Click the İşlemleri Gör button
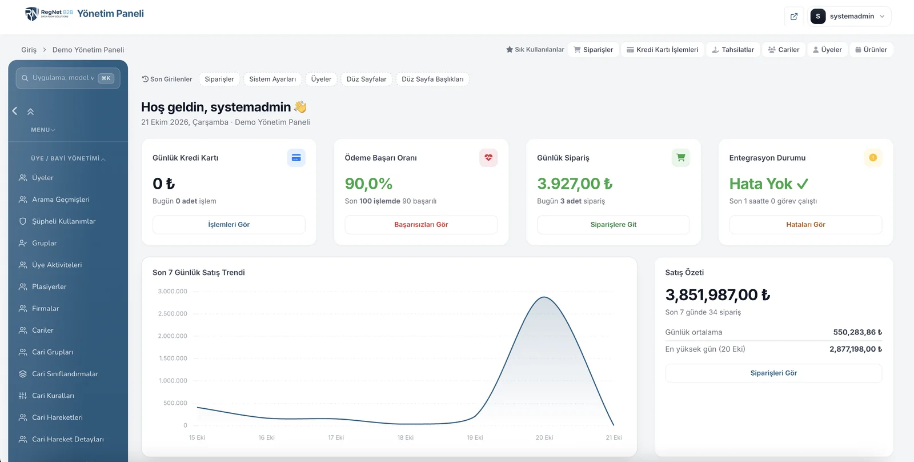(228, 224)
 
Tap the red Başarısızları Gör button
(420, 224)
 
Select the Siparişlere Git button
(614, 224)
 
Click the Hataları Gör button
(805, 224)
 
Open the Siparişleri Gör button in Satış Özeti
(773, 373)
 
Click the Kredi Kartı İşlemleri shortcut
(662, 49)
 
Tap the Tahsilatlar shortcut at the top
(733, 49)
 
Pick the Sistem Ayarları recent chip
(272, 79)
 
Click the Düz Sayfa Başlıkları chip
(432, 79)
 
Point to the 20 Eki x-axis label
(544, 437)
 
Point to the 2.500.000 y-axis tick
(172, 313)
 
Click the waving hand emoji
(300, 106)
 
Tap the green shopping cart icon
(680, 158)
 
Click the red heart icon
(488, 158)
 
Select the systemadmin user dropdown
(849, 17)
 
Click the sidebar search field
(68, 78)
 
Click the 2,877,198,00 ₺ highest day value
(856, 349)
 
